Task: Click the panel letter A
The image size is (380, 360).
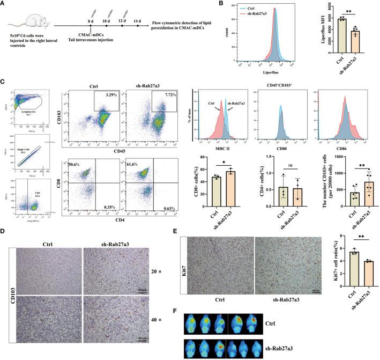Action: click(4, 5)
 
